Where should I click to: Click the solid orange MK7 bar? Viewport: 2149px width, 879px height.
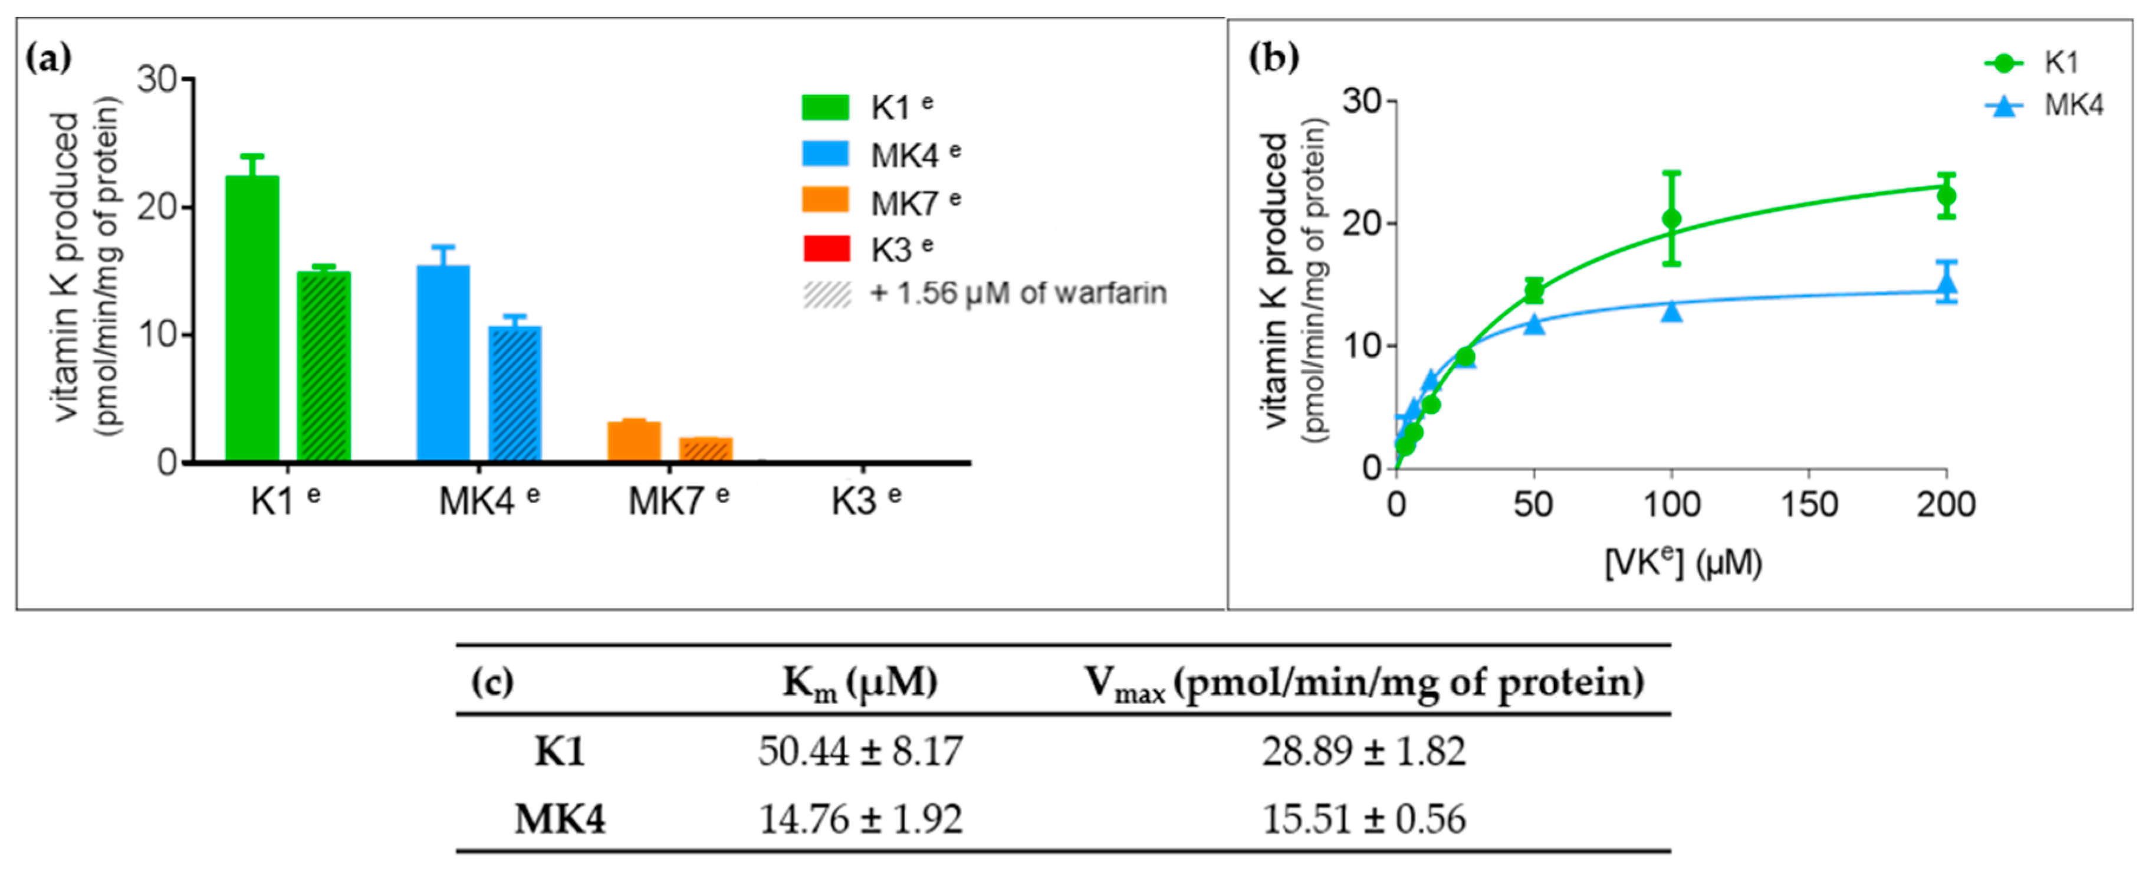tap(634, 442)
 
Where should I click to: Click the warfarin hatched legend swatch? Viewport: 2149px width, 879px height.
tap(826, 294)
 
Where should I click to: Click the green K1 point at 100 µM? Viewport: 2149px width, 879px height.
tap(1671, 219)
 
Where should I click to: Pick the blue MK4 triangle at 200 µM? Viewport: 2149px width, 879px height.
tap(1946, 282)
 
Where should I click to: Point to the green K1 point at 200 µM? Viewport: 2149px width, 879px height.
tap(1946, 196)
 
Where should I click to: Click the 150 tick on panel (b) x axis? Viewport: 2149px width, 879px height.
tap(1809, 504)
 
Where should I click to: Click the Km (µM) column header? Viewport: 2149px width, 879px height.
tap(859, 683)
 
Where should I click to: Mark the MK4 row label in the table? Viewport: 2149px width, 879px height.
tap(560, 819)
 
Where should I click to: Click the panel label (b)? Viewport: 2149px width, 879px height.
tap(1272, 58)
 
